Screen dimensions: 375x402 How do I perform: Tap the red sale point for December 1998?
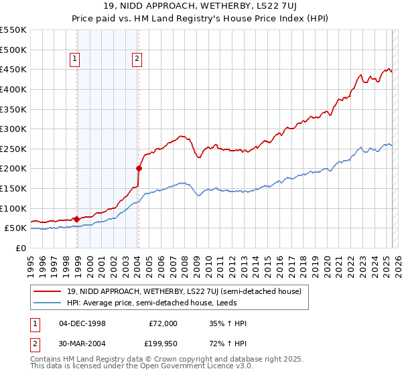[x=76, y=219]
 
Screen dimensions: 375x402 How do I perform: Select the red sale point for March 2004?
[x=139, y=168]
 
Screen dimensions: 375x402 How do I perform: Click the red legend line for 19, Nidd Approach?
[x=48, y=291]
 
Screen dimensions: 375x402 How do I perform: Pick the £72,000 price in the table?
[x=163, y=323]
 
